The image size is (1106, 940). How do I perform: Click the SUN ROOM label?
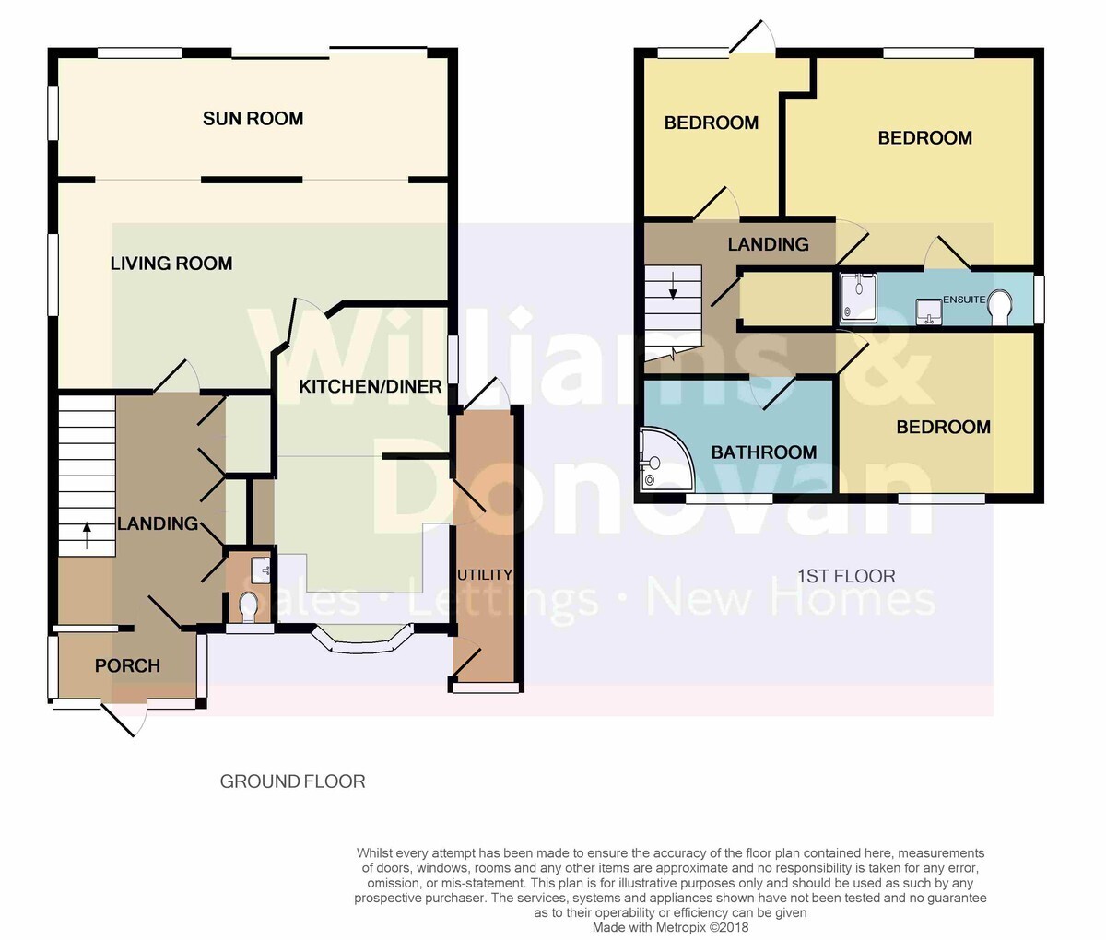(253, 118)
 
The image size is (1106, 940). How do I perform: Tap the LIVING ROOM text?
(171, 264)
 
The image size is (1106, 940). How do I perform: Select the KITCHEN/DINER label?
(370, 386)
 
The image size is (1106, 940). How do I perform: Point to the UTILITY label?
(485, 574)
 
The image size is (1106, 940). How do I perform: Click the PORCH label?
(127, 665)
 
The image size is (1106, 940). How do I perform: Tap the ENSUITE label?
(964, 300)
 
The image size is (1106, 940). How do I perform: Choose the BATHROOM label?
(763, 452)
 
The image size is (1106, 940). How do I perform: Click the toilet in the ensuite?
(999, 308)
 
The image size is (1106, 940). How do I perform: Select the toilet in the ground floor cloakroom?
(247, 606)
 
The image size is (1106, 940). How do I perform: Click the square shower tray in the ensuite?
(858, 299)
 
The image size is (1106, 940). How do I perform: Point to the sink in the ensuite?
(928, 311)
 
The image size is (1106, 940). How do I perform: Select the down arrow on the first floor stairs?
(673, 288)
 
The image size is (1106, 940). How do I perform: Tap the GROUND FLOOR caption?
(293, 781)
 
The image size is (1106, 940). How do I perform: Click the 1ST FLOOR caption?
(846, 576)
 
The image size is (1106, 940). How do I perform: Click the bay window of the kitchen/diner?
(362, 640)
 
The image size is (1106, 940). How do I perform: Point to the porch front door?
(124, 719)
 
